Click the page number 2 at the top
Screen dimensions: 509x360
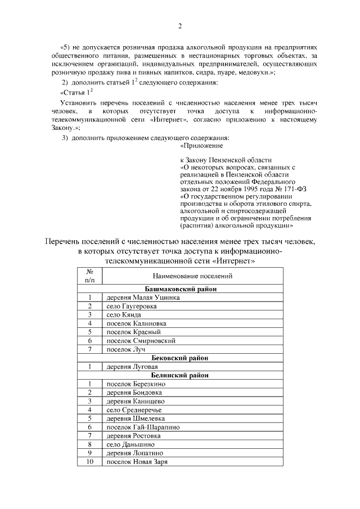(179, 26)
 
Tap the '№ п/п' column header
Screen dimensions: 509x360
(89, 276)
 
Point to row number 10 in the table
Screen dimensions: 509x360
(89, 462)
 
